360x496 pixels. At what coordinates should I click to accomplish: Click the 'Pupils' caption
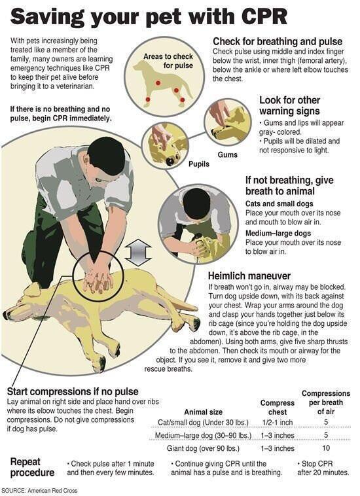coord(200,164)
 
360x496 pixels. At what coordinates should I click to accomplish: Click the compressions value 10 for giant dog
coord(325,448)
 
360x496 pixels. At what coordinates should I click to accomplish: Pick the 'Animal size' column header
coord(205,412)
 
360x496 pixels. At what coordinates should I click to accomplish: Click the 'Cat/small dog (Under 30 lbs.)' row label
coord(205,422)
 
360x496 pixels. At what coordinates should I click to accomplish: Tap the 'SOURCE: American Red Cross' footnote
coord(48,489)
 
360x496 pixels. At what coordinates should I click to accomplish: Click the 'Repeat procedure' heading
coord(32,467)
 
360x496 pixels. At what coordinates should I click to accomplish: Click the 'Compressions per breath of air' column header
coord(325,402)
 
